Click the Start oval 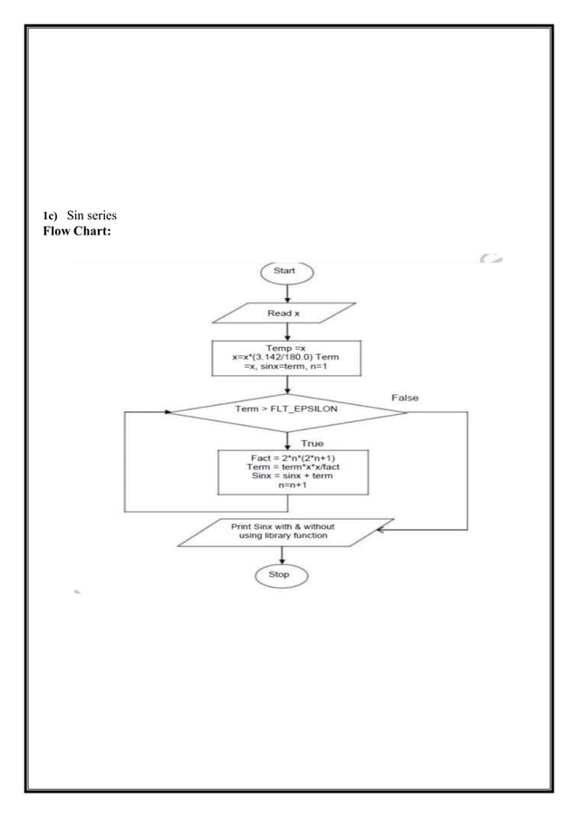click(x=286, y=271)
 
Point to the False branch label click(x=404, y=397)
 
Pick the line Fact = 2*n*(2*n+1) click(x=291, y=458)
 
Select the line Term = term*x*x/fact click(x=291, y=468)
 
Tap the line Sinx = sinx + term click(x=291, y=477)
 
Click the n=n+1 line click(x=291, y=487)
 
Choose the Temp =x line click(x=285, y=347)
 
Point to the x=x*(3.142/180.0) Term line click(x=285, y=357)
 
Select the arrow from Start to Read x click(x=286, y=292)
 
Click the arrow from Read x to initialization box click(x=286, y=331)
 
